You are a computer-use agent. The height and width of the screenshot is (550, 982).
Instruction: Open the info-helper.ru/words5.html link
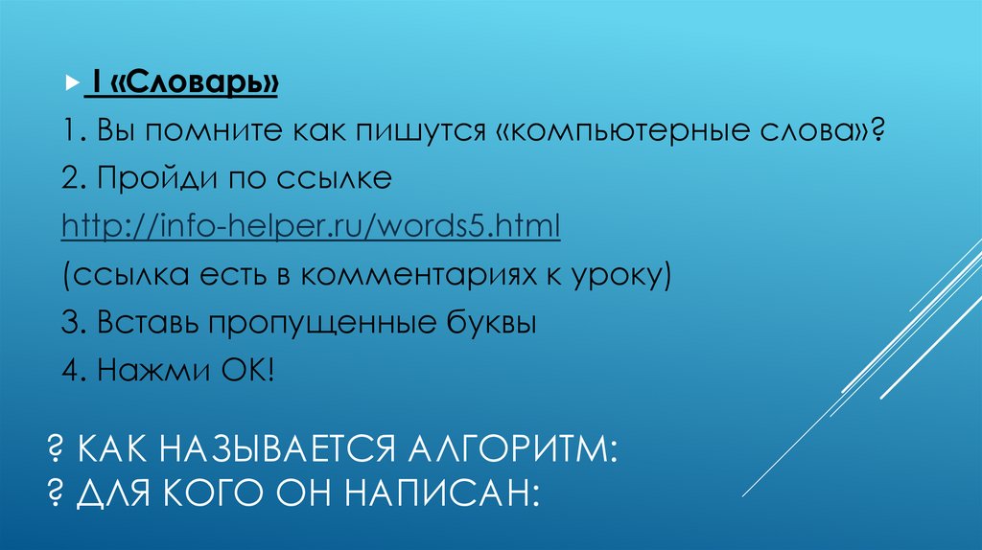(311, 228)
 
